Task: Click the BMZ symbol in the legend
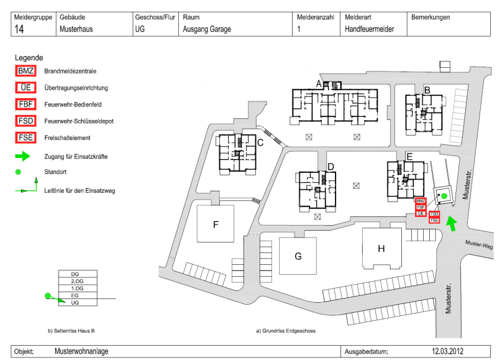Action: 26,71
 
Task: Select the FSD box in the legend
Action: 26,121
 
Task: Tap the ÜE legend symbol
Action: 26,88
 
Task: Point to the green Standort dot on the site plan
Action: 444,197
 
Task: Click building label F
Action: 216,224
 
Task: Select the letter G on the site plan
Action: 298,256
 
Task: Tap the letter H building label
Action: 381,249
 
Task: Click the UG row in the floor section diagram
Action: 75,302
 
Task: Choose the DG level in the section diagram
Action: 75,274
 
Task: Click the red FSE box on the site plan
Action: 434,220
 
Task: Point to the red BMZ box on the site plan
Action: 421,201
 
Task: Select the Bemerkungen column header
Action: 430,17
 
